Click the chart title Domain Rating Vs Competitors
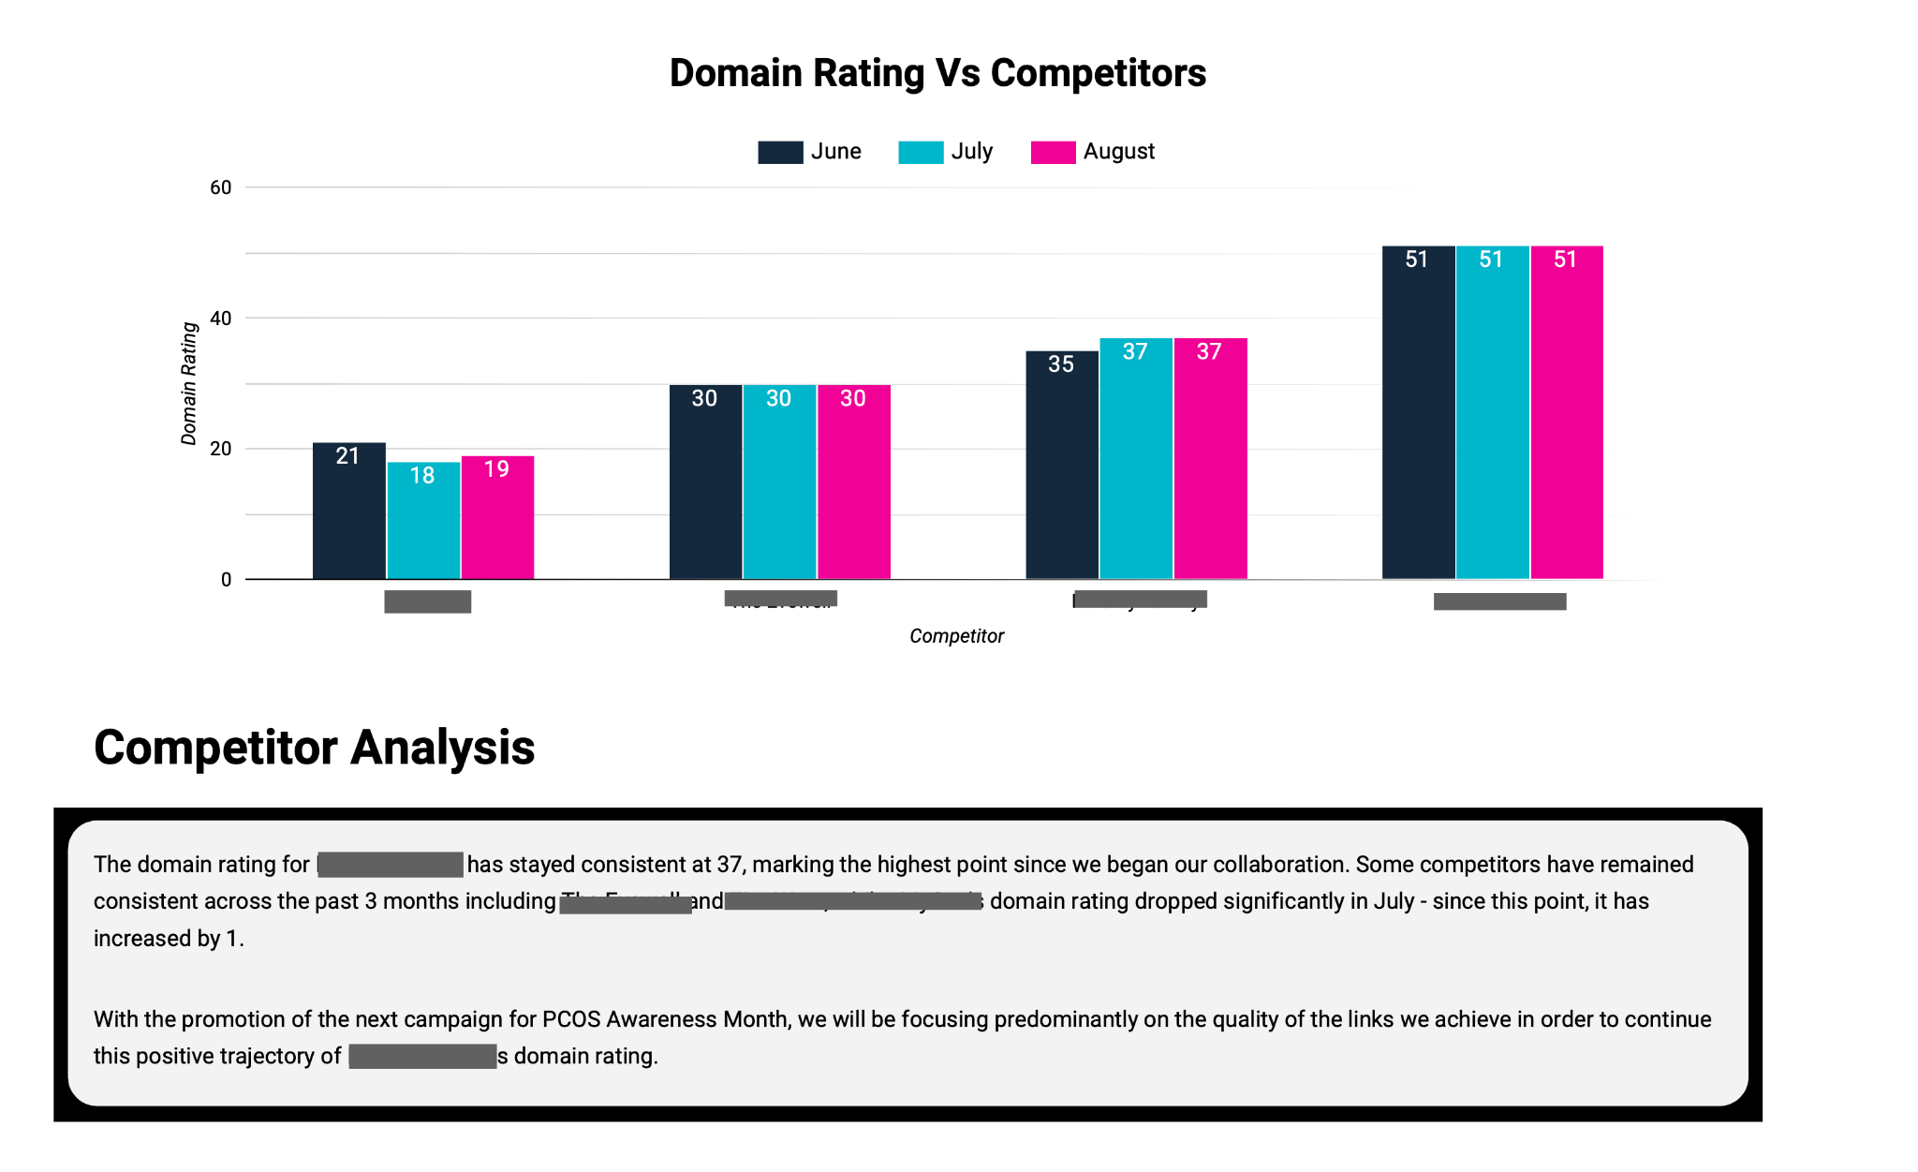click(x=937, y=73)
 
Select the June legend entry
click(x=810, y=152)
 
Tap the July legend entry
click(x=946, y=152)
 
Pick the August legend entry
click(x=1093, y=152)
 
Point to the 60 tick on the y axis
click(x=220, y=187)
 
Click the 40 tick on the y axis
click(x=220, y=319)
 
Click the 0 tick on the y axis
click(x=226, y=580)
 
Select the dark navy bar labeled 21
click(x=348, y=511)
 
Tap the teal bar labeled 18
click(x=423, y=521)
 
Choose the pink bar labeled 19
click(x=497, y=517)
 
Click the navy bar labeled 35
click(x=1061, y=465)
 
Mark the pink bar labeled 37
click(x=1210, y=458)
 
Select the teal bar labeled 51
click(x=1492, y=412)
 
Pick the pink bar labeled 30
click(x=853, y=482)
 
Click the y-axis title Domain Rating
click(x=189, y=383)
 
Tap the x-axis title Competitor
click(x=956, y=636)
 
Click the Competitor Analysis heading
click(x=314, y=748)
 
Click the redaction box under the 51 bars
click(x=1499, y=601)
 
